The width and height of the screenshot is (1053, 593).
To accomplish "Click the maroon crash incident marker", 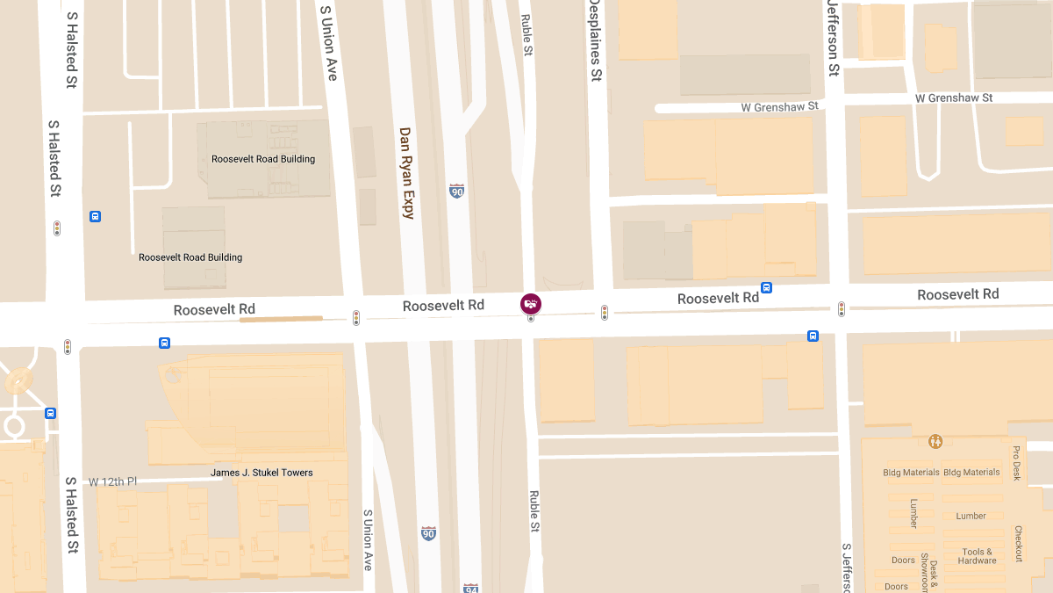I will [x=531, y=304].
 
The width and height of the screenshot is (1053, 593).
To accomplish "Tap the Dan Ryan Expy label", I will [x=405, y=172].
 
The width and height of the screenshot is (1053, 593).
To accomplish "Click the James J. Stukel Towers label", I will [x=261, y=473].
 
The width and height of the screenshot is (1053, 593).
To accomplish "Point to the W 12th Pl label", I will [x=113, y=481].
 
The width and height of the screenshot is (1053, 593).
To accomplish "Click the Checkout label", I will [x=1018, y=544].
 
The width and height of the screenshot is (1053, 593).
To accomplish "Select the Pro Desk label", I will [x=1016, y=463].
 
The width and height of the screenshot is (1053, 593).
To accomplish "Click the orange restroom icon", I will [x=936, y=441].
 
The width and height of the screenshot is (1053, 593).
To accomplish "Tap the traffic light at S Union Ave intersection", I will [x=356, y=317].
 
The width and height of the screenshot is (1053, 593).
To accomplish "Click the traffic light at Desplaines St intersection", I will [x=605, y=312].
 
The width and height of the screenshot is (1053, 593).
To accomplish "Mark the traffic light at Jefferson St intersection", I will [x=842, y=309].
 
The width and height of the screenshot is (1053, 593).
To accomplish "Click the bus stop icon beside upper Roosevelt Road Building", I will [x=96, y=216].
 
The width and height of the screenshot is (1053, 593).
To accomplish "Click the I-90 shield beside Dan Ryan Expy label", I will [x=456, y=191].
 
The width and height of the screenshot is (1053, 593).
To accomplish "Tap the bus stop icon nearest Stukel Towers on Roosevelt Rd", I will [x=164, y=343].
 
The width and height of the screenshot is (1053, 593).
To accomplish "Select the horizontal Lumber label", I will [x=971, y=516].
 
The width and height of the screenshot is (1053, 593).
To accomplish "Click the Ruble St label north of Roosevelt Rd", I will [x=527, y=35].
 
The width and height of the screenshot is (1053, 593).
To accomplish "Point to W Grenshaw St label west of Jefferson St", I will [x=779, y=106].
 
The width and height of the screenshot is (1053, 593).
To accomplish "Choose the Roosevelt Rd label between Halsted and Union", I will [x=214, y=309].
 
